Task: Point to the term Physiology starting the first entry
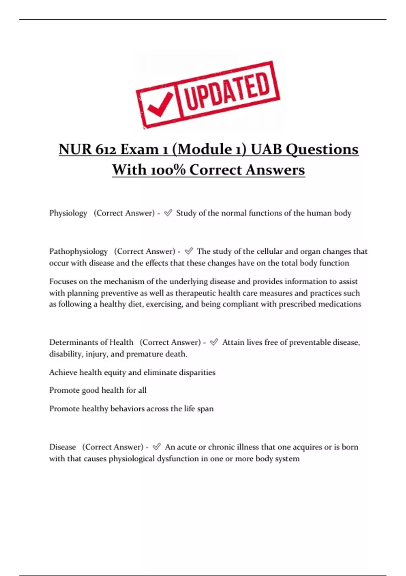click(68, 213)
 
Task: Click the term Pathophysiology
click(78, 251)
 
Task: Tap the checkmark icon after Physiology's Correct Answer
click(168, 213)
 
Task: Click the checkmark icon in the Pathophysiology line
click(189, 251)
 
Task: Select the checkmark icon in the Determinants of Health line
click(214, 342)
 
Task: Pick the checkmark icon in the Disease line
click(157, 447)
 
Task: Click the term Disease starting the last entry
click(63, 447)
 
